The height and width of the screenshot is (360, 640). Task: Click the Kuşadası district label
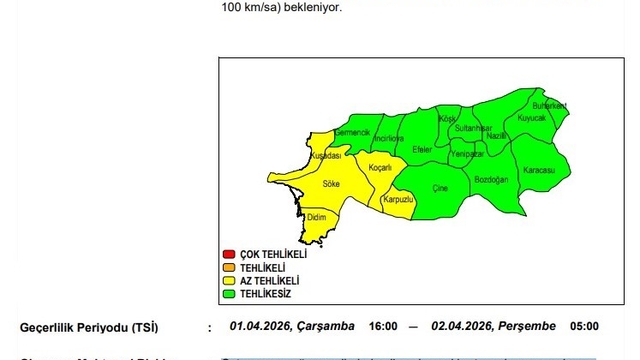[327, 156]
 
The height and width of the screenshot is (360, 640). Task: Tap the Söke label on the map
[331, 184]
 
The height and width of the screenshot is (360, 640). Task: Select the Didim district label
[317, 217]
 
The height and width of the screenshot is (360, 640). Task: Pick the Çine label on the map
[439, 188]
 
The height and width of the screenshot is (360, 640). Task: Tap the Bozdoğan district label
[491, 179]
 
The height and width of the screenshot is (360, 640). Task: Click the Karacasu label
[539, 171]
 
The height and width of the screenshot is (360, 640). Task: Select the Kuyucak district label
[532, 119]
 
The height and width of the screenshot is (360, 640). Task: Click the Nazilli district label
[496, 135]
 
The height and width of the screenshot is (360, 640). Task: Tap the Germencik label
[352, 133]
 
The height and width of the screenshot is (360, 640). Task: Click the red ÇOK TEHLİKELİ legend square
[229, 254]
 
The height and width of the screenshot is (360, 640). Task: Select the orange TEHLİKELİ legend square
[229, 267]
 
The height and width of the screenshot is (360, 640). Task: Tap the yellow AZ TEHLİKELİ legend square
[229, 281]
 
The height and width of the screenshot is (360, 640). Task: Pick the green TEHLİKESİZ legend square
[229, 294]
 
